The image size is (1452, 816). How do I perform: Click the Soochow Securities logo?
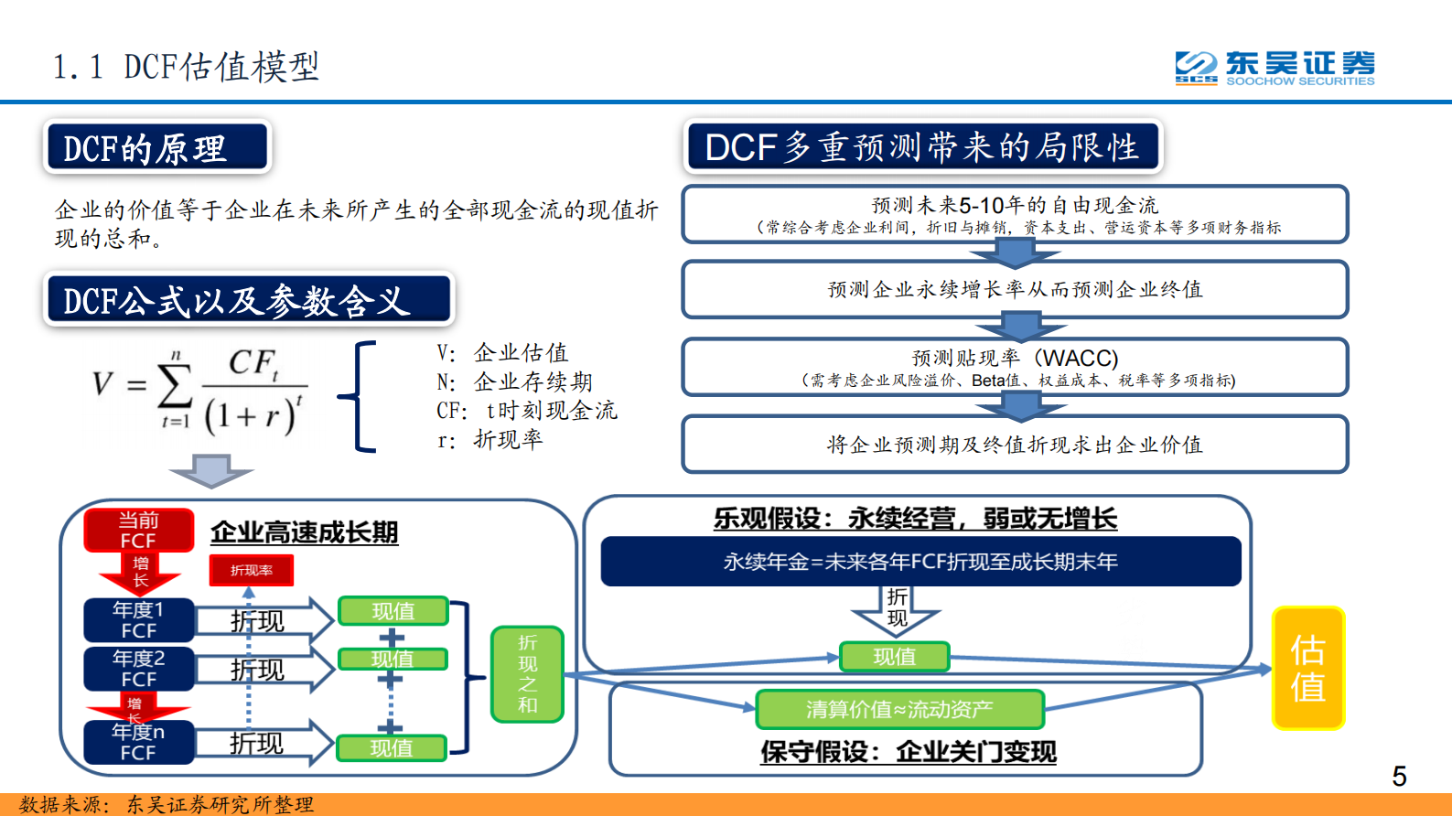pyautogui.click(x=1275, y=68)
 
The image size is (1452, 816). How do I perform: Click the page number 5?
pyautogui.click(x=1399, y=777)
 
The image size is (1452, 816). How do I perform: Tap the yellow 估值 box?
pyautogui.click(x=1308, y=669)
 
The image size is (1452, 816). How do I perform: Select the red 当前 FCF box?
pyautogui.click(x=139, y=531)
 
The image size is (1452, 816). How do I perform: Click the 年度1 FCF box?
pyautogui.click(x=139, y=620)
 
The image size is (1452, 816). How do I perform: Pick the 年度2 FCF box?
pyautogui.click(x=139, y=669)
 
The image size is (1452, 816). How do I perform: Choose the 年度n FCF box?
pyautogui.click(x=139, y=742)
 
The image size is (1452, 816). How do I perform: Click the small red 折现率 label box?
pyautogui.click(x=252, y=570)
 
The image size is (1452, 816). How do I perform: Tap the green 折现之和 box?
pyautogui.click(x=527, y=674)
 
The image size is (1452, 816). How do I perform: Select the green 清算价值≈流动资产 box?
pyautogui.click(x=899, y=709)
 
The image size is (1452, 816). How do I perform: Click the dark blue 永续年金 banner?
pyautogui.click(x=920, y=561)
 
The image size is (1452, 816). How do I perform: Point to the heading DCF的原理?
pyautogui.click(x=156, y=148)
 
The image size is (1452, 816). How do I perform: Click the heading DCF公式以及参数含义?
pyautogui.click(x=249, y=300)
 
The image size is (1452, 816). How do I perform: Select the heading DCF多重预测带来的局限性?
pyautogui.click(x=922, y=146)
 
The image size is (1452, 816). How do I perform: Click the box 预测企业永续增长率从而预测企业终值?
pyautogui.click(x=1015, y=289)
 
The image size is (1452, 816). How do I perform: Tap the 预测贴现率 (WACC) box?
pyautogui.click(x=1015, y=367)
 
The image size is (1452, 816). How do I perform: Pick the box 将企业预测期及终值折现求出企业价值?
pyautogui.click(x=1015, y=445)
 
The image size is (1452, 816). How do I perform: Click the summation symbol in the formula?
pyautogui.click(x=175, y=386)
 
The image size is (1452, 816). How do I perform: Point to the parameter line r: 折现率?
pyautogui.click(x=489, y=440)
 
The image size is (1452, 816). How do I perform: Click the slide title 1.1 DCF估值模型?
pyautogui.click(x=187, y=67)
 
